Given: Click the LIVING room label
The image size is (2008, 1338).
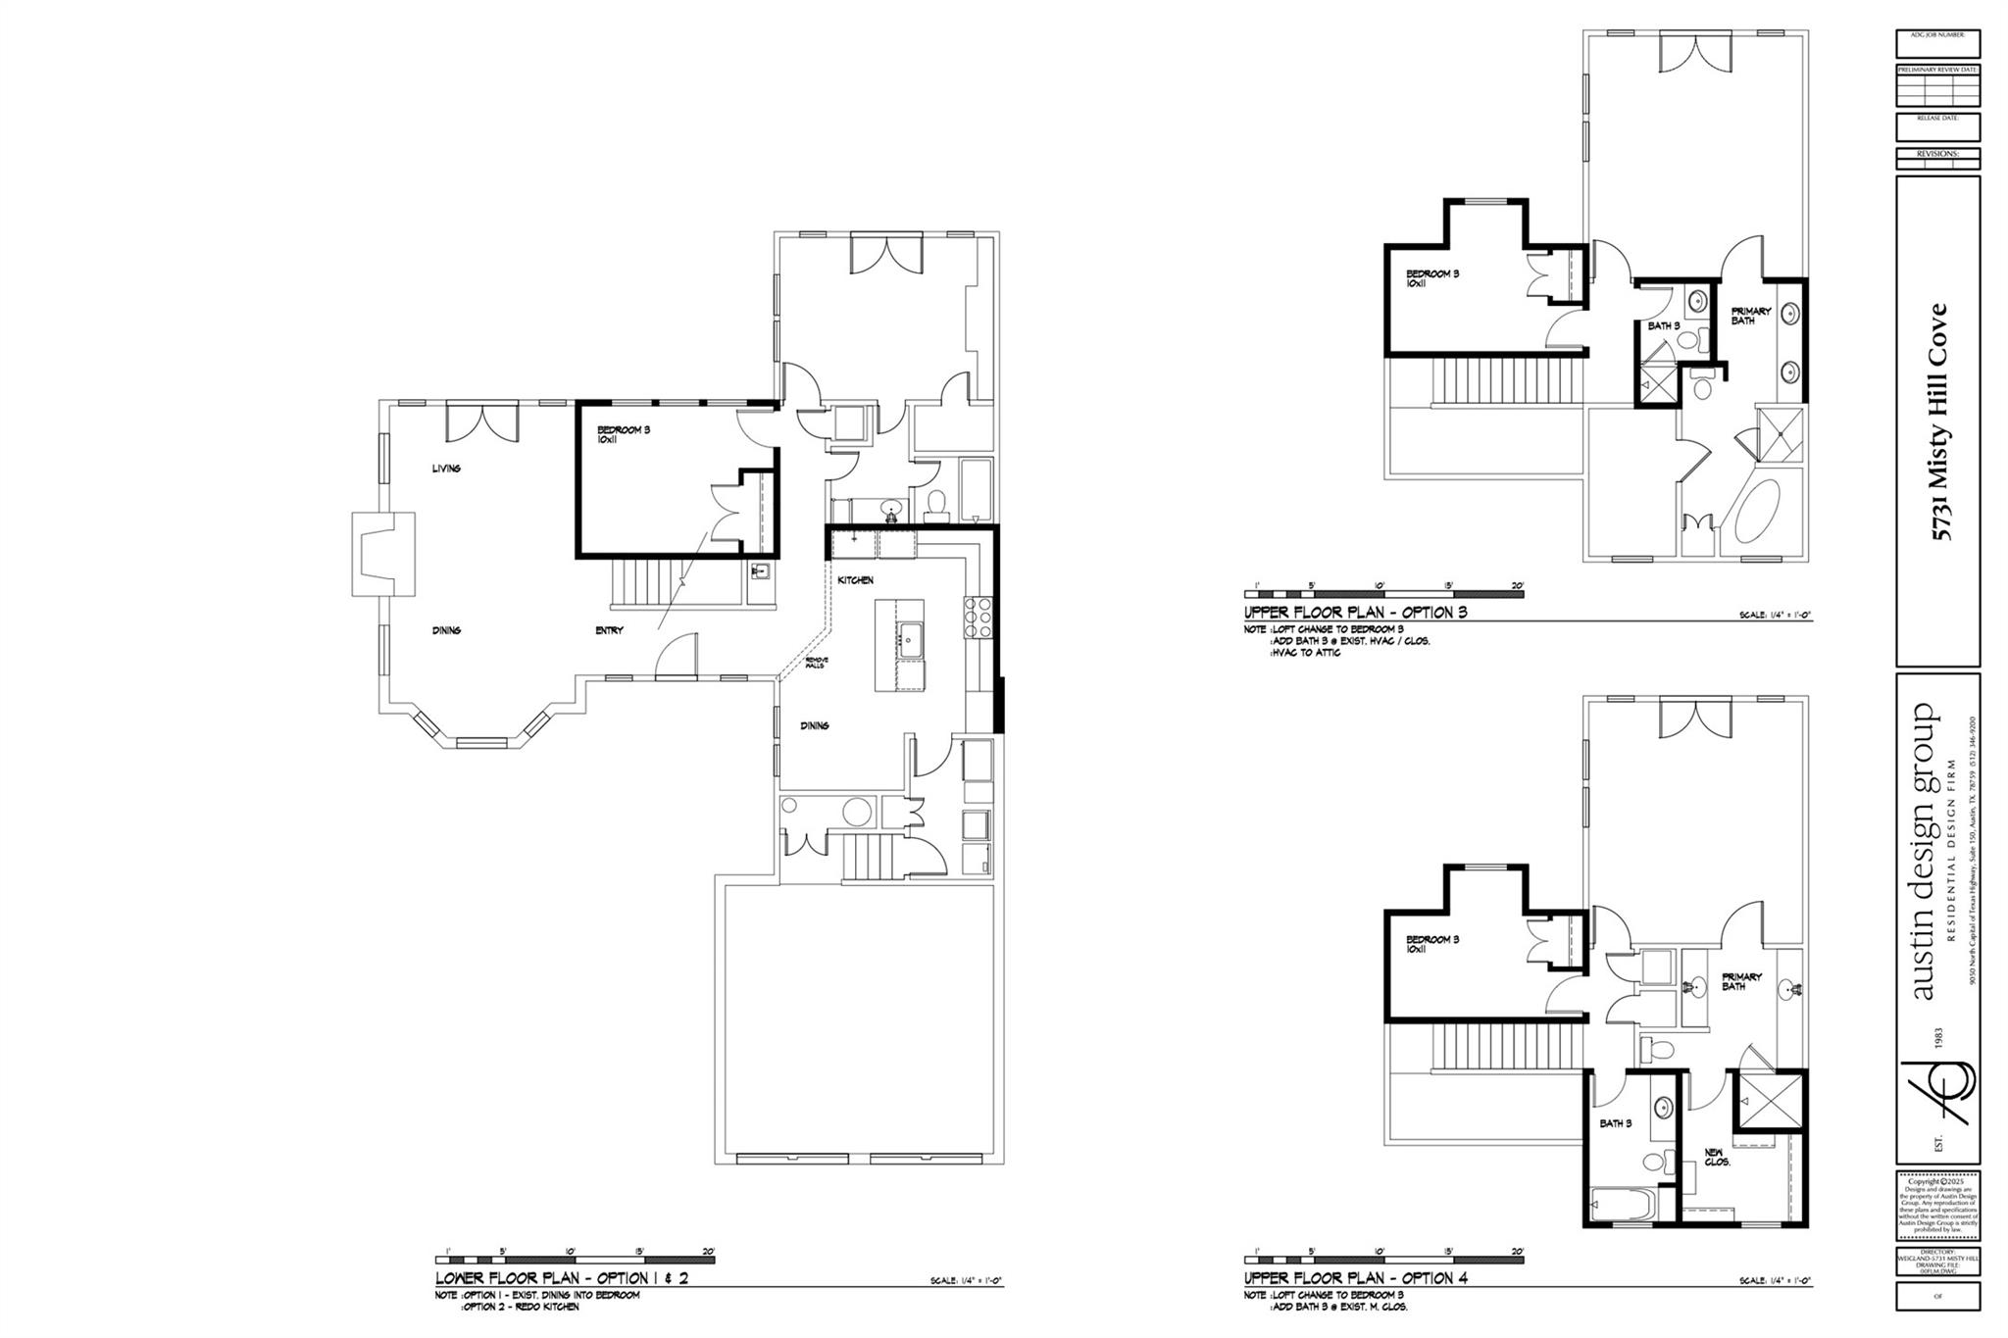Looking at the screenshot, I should point(446,469).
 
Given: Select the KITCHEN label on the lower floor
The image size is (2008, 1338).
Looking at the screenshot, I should point(855,580).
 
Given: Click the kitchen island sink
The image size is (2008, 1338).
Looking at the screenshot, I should point(908,640).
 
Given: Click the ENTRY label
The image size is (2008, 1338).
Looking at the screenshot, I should point(609,630).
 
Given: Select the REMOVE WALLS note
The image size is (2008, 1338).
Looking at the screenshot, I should point(817,664).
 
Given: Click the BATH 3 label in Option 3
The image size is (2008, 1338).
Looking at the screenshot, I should point(1664,325).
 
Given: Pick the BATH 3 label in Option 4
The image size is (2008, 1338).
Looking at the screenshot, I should point(1616,1123).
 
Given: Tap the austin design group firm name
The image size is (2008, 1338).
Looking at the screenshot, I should point(1924,851).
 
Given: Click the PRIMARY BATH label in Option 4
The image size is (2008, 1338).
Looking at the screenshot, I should point(1742,981).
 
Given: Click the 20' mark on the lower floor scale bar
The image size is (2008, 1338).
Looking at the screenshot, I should point(708,1251).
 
